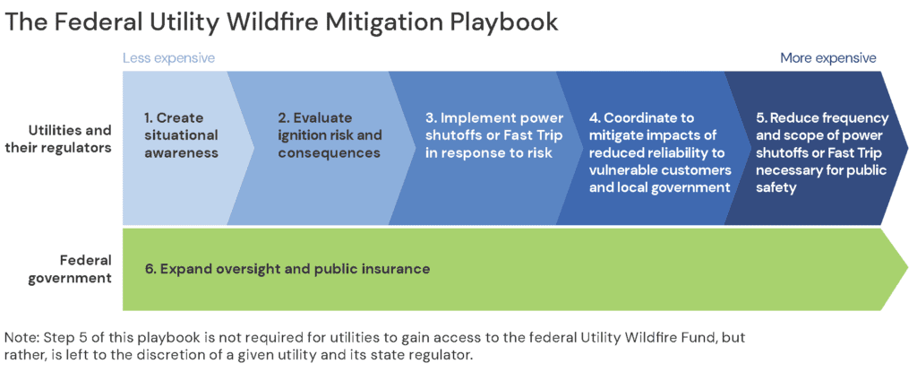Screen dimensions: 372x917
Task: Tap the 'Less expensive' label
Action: pyautogui.click(x=168, y=58)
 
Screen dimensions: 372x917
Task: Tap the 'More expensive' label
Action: pyautogui.click(x=827, y=58)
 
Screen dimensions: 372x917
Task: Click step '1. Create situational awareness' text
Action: pyautogui.click(x=181, y=135)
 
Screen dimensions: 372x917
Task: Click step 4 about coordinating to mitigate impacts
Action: pyautogui.click(x=658, y=152)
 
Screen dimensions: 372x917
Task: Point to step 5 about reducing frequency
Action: pyautogui.click(x=820, y=152)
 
